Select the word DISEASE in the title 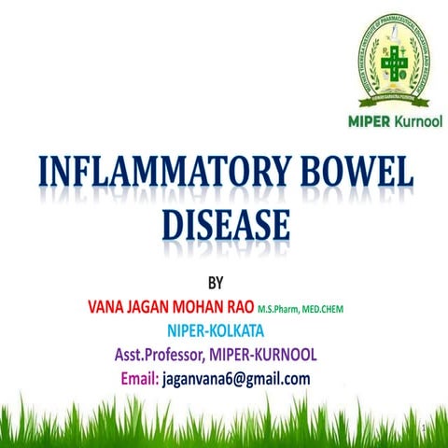point(224,226)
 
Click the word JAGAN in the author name point(154,305)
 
